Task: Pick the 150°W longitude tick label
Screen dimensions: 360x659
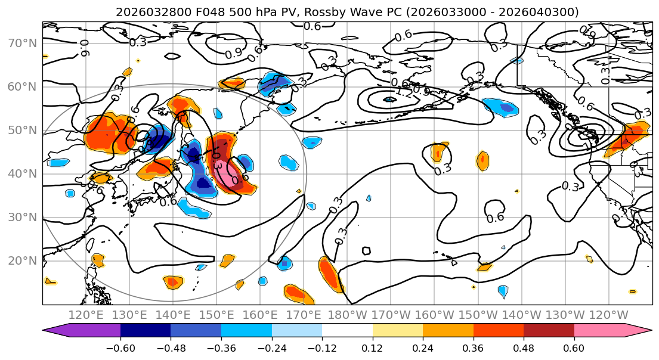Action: [x=478, y=314]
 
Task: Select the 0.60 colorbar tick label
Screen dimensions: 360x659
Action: [x=574, y=348]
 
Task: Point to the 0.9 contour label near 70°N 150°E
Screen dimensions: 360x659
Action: [x=234, y=54]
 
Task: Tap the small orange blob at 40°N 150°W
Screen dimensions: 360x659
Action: [x=482, y=161]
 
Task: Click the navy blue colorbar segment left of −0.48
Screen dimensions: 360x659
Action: [x=146, y=331]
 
